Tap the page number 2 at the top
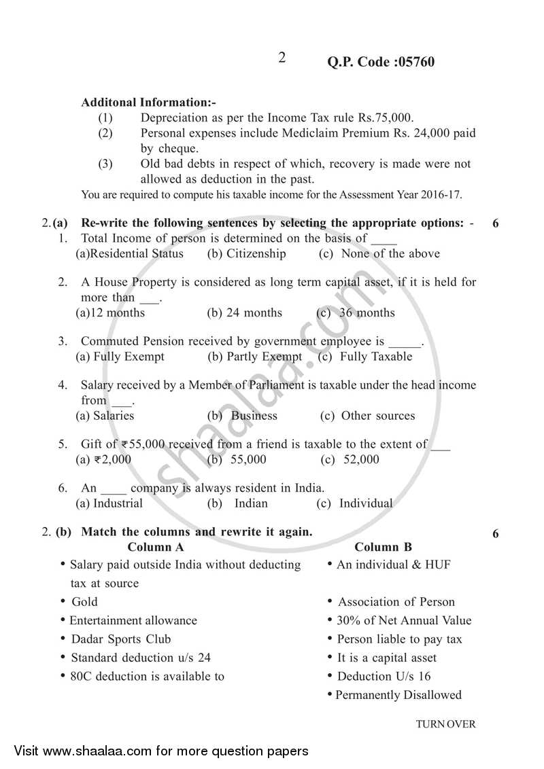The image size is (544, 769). point(282,58)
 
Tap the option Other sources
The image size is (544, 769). point(377,416)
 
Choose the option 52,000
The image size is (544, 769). point(360,459)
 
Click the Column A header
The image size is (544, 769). point(155,547)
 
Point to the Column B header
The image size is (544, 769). point(383,547)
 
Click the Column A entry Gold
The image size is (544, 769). point(84,602)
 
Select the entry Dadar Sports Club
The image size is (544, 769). point(120,639)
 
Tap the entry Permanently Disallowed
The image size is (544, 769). point(398,695)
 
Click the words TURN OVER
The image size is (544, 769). point(446,724)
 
